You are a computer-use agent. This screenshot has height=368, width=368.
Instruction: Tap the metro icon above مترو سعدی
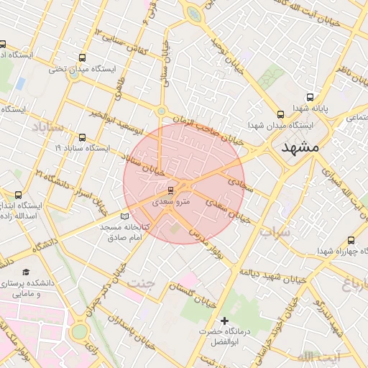click(x=170, y=190)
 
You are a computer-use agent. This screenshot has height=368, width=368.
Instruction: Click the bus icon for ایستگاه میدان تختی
click(x=82, y=57)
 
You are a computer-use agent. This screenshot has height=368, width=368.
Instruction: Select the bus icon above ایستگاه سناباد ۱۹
click(x=82, y=137)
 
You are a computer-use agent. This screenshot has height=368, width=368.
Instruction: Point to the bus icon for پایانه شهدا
click(x=310, y=97)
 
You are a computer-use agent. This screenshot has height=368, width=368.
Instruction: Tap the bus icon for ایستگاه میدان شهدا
click(x=280, y=114)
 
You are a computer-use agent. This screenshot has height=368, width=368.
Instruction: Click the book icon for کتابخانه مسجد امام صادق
click(x=125, y=216)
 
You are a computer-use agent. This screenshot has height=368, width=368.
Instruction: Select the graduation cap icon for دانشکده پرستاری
click(x=26, y=272)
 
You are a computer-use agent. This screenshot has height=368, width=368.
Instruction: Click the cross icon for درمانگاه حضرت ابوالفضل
click(x=224, y=320)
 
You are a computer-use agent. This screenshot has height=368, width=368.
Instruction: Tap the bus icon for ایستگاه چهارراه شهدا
click(x=351, y=240)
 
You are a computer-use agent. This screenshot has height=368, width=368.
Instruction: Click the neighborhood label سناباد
click(x=47, y=127)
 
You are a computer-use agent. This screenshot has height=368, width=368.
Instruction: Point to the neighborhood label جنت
click(x=141, y=282)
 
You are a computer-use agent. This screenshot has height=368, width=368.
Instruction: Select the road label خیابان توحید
click(x=224, y=51)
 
